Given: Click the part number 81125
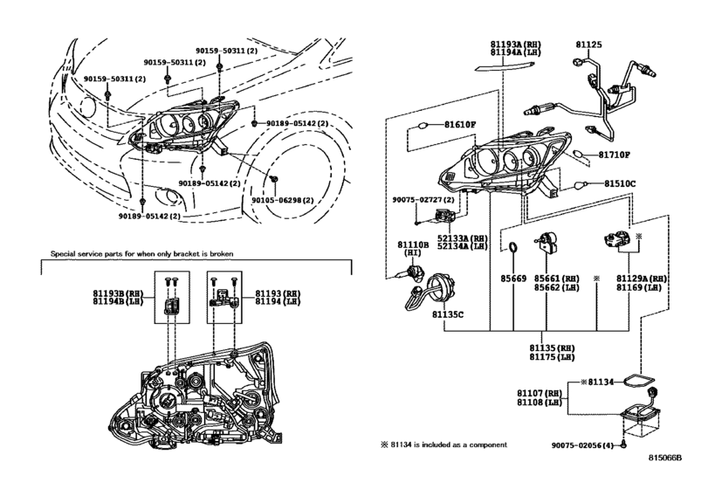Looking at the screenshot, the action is click(588, 45).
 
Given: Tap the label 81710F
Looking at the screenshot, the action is click(614, 155).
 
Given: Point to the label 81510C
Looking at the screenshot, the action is click(620, 183).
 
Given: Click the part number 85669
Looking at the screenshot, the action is click(513, 279).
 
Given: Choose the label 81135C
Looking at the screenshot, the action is click(448, 314).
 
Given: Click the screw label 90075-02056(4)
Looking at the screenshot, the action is click(582, 445).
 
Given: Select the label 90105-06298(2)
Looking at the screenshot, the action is click(283, 200).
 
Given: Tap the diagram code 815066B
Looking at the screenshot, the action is click(665, 458).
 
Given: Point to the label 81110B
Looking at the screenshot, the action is click(413, 244).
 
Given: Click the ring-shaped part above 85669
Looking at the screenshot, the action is click(513, 248).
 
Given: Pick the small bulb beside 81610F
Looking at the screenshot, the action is click(423, 125).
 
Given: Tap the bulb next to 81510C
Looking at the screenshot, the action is click(581, 184).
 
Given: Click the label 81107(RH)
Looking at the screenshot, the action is click(540, 393).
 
